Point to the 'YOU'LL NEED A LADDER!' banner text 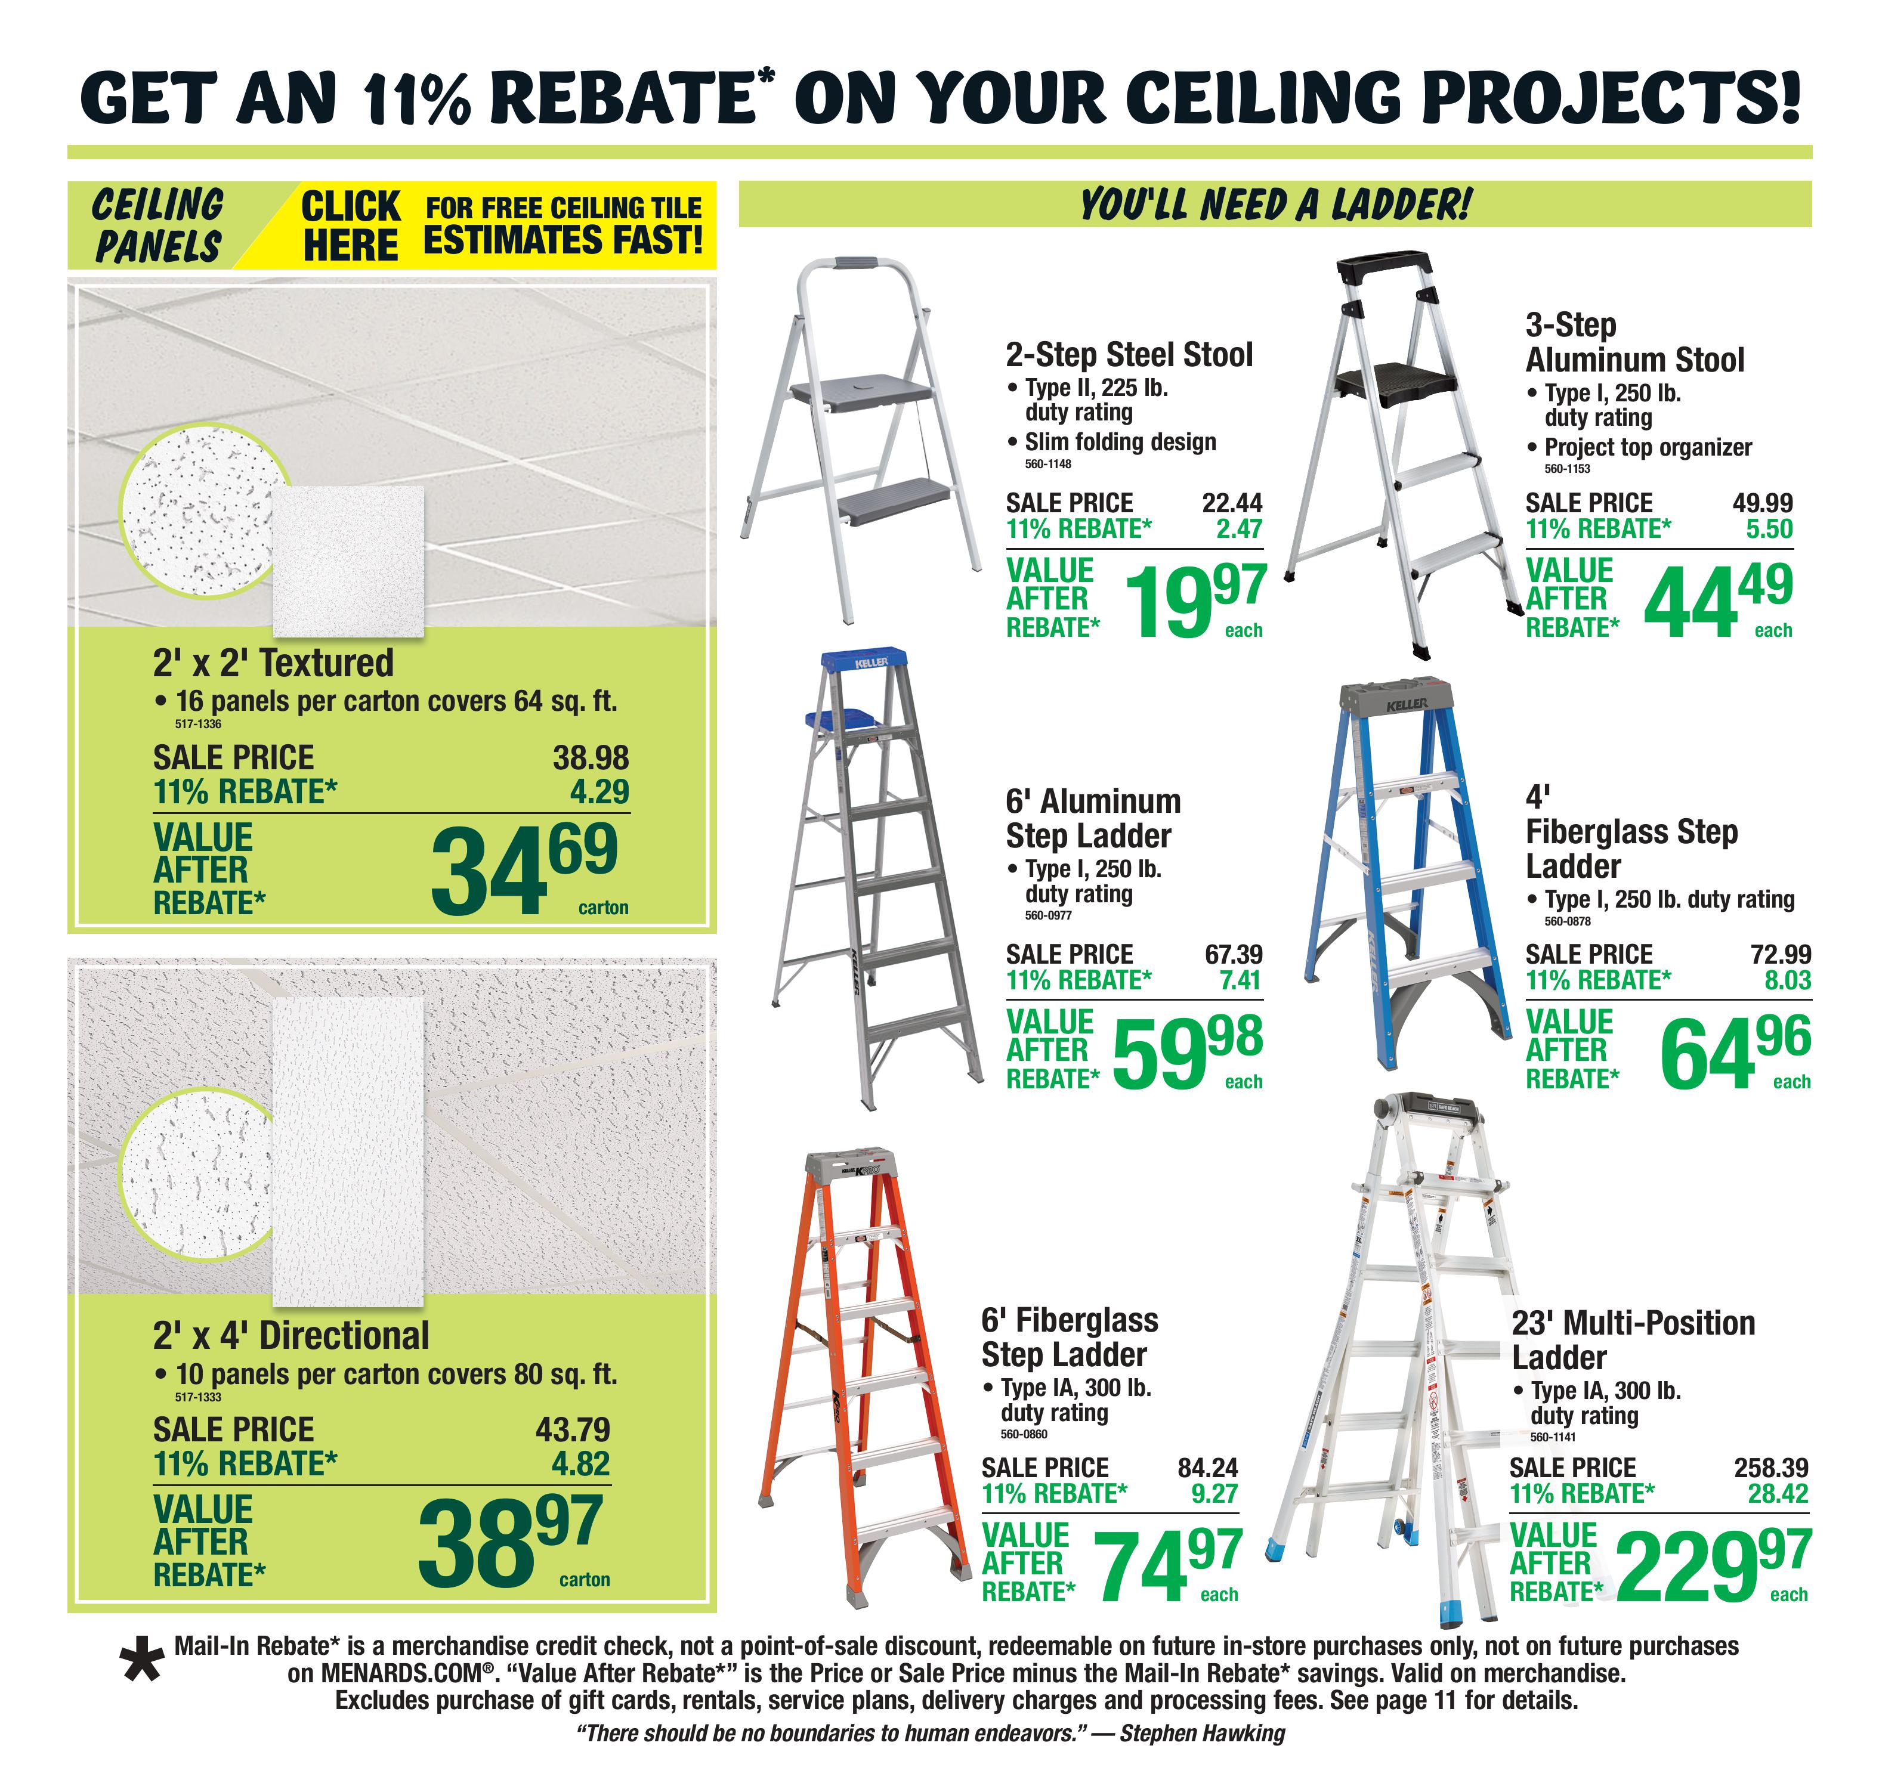coord(1275,204)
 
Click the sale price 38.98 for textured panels coord(591,757)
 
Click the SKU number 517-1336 coord(199,725)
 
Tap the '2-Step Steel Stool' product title coord(1129,355)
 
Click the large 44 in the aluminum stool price coord(1690,603)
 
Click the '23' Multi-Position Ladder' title coord(1633,1340)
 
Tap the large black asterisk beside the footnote coord(142,1660)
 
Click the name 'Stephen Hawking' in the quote coord(1202,1733)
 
